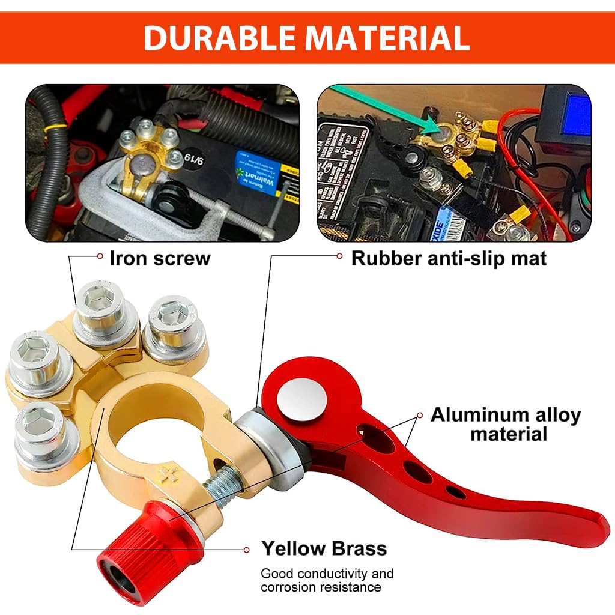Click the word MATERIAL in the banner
[x=387, y=38]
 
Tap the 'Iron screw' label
[x=160, y=258]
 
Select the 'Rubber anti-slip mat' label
[x=449, y=258]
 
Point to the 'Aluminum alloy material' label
[x=506, y=424]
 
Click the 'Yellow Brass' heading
[x=324, y=548]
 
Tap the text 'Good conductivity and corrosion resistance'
[x=327, y=580]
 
